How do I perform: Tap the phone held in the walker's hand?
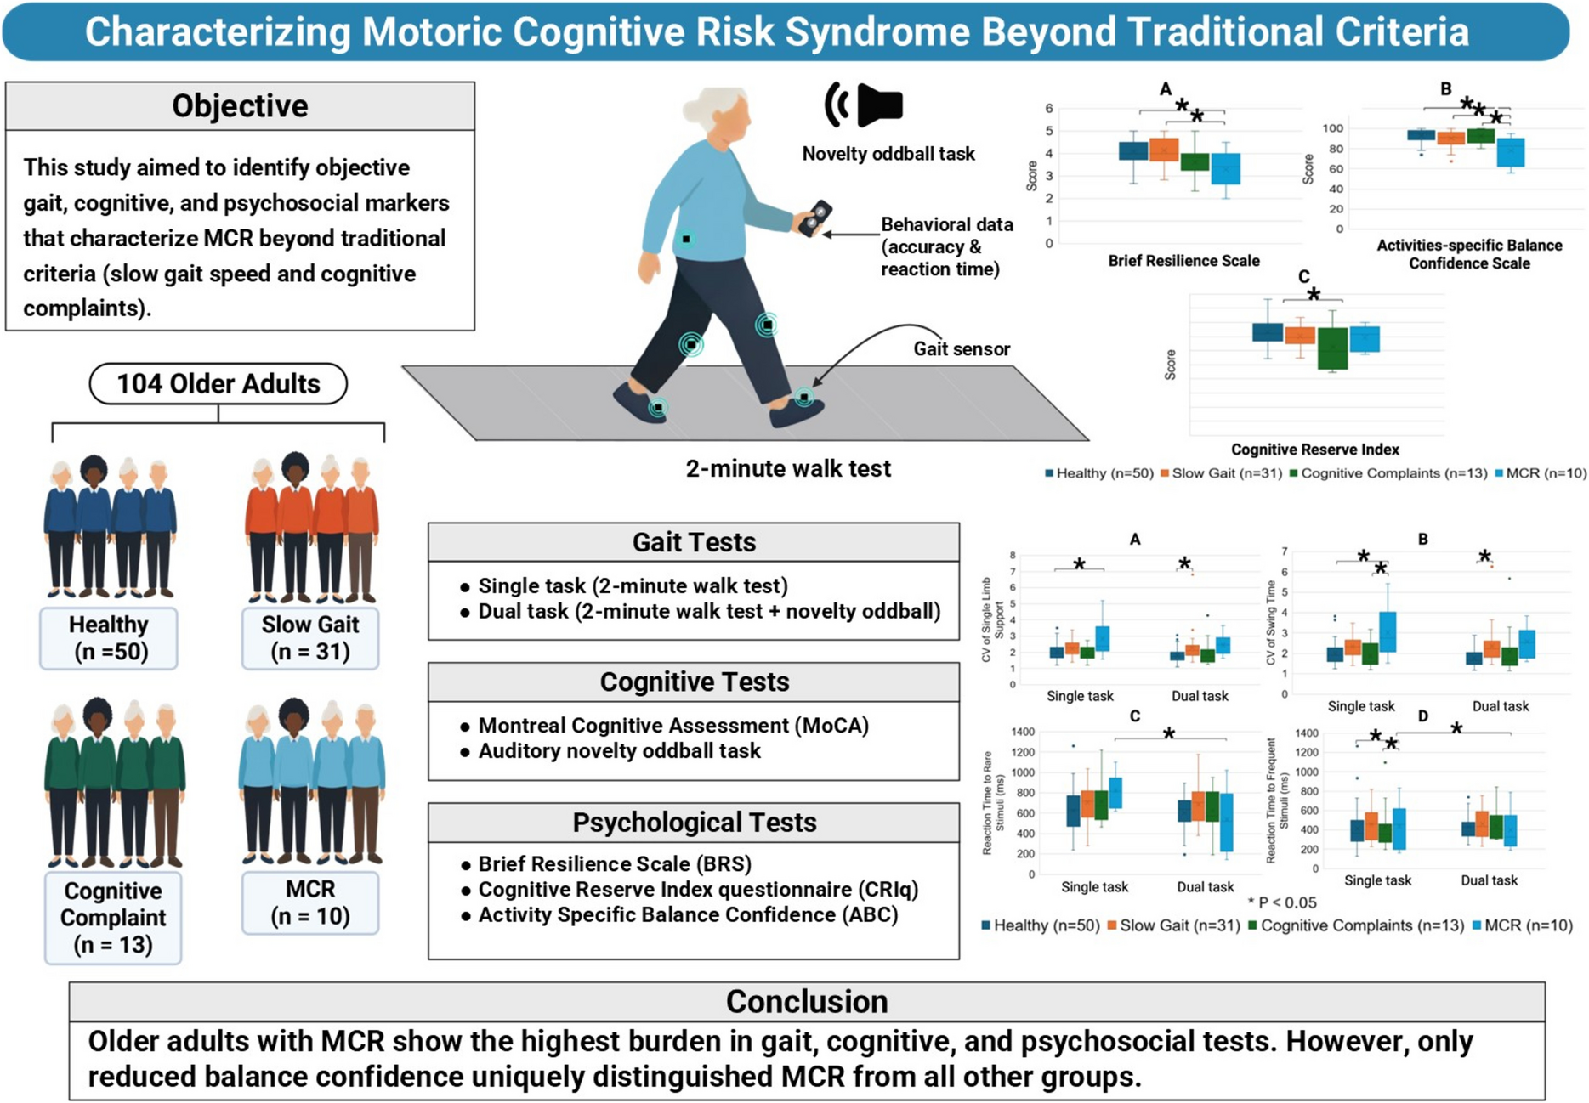[814, 218]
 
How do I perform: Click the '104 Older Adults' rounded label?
[218, 384]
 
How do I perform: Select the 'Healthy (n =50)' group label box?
[109, 638]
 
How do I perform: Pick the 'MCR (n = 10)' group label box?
[310, 902]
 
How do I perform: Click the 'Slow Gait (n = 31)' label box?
[310, 638]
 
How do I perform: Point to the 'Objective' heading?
[240, 106]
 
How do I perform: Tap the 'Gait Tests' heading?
[694, 542]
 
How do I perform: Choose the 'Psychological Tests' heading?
[694, 823]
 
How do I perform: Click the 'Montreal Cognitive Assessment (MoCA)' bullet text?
[673, 726]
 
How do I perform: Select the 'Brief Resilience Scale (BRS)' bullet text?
[615, 864]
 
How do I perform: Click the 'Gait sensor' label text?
[962, 349]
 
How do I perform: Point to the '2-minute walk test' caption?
[788, 469]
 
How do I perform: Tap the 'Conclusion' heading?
[806, 1002]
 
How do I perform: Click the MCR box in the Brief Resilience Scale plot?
[1225, 168]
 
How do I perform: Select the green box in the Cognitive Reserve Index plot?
[1332, 348]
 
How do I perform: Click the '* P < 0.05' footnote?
[1281, 902]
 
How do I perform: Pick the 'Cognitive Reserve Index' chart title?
[1314, 450]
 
